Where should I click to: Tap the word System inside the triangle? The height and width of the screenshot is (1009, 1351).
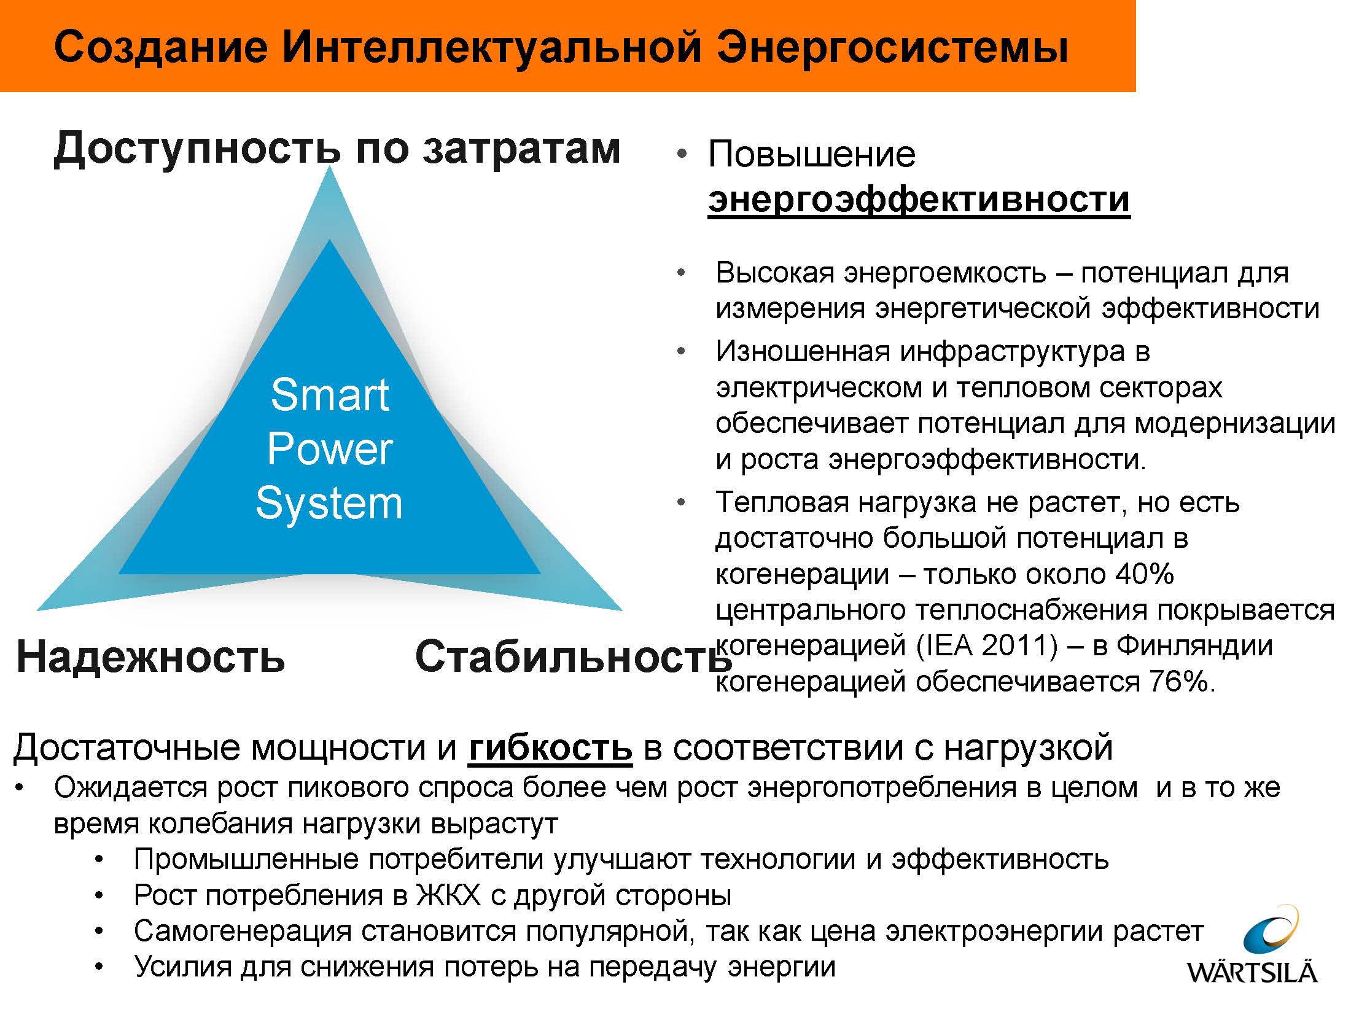pos(329,503)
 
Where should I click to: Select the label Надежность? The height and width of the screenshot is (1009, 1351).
pos(150,656)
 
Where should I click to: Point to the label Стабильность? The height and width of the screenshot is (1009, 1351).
pos(574,656)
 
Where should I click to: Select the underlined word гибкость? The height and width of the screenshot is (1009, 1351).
pos(550,747)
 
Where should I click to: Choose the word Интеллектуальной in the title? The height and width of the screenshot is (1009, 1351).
pos(492,47)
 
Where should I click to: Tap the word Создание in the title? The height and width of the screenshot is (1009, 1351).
pos(161,47)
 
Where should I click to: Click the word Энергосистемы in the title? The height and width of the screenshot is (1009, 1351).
pos(893,47)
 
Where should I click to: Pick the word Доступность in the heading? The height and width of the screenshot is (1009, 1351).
pos(197,149)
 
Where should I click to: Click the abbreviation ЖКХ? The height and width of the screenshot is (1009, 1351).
pos(449,895)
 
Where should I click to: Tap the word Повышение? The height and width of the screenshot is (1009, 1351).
pos(812,154)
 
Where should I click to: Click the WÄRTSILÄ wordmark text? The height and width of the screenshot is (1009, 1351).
pos(1252,972)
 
